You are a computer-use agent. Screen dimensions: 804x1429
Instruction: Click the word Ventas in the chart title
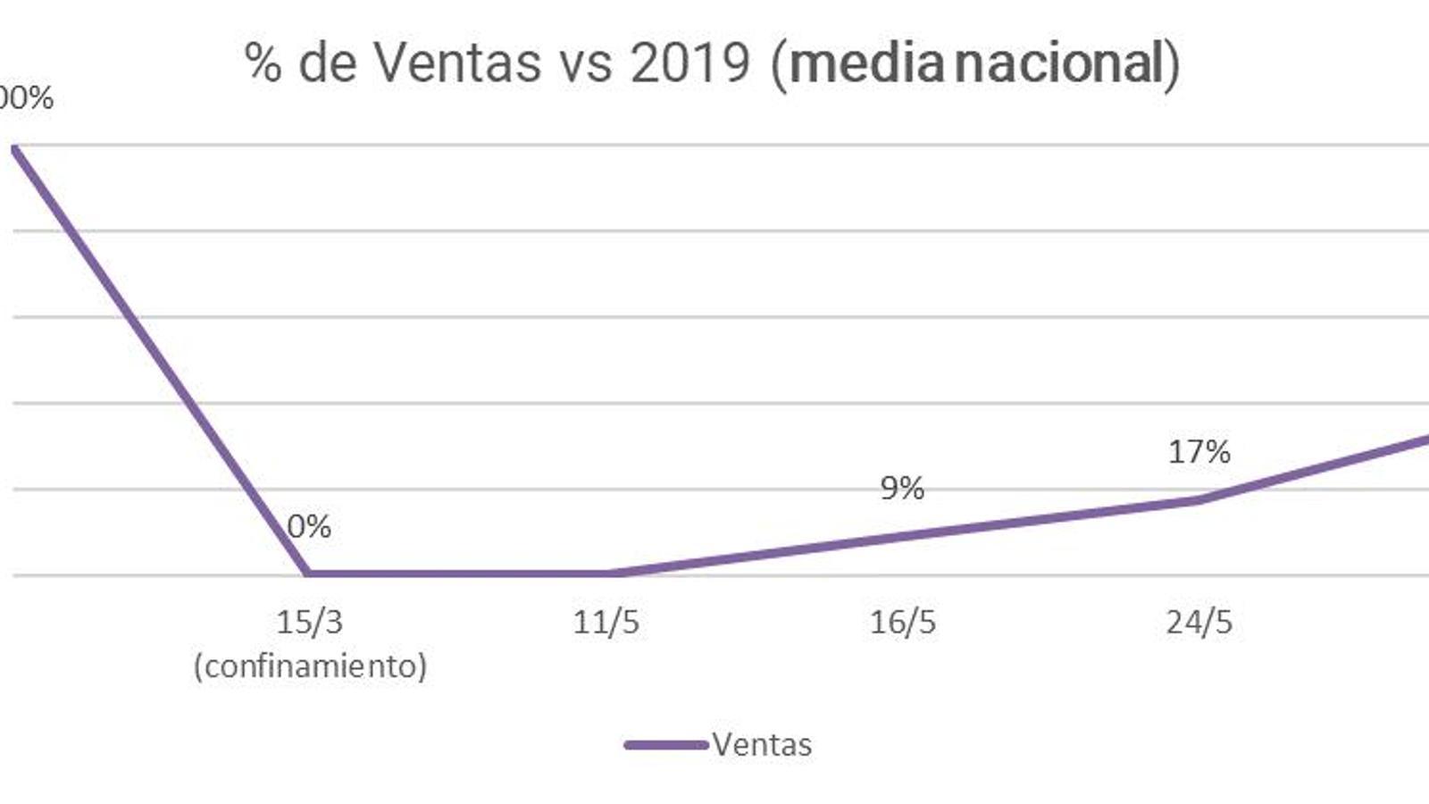tap(456, 63)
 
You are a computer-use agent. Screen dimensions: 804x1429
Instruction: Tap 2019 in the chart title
tap(689, 63)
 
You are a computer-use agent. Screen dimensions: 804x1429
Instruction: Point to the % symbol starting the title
tap(263, 63)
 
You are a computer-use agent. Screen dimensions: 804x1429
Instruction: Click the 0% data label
tap(309, 527)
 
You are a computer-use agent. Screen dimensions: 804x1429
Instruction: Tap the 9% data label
tap(902, 488)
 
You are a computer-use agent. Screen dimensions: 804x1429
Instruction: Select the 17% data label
tap(1199, 452)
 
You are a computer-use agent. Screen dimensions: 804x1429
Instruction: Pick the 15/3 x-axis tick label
tap(309, 622)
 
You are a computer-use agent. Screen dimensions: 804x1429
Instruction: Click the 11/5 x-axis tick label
tap(606, 622)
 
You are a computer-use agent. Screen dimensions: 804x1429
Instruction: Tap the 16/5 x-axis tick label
tap(902, 622)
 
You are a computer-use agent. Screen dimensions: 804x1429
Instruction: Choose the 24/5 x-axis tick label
tap(1199, 622)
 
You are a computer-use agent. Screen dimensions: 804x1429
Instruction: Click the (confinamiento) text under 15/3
tap(310, 666)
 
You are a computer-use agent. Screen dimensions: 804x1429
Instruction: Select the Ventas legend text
tap(762, 744)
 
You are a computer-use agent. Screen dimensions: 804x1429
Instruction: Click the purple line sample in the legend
tap(665, 744)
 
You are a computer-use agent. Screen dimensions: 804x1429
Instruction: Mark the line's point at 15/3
tap(309, 573)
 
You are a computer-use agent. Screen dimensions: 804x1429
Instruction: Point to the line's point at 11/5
tap(606, 573)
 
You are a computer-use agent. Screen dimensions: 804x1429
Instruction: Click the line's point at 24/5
tap(1199, 499)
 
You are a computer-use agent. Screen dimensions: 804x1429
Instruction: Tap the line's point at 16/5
tap(902, 534)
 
